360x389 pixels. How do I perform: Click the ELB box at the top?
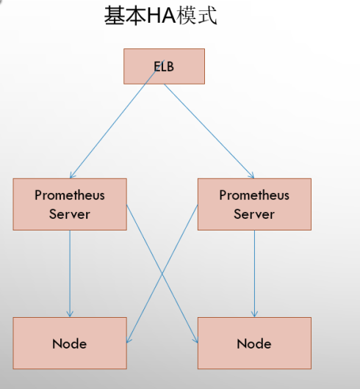pyautogui.click(x=162, y=66)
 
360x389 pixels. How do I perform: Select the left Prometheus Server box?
pyautogui.click(x=70, y=204)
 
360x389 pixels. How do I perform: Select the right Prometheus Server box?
pyautogui.click(x=254, y=204)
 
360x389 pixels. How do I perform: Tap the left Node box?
pyautogui.click(x=70, y=343)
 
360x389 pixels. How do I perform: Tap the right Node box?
pyautogui.click(x=254, y=343)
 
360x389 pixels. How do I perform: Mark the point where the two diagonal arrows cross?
pyautogui.click(x=162, y=275)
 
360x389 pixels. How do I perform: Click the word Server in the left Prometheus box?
pyautogui.click(x=70, y=214)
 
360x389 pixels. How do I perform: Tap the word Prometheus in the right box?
pyautogui.click(x=254, y=195)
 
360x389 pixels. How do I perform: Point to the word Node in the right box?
pyautogui.click(x=254, y=343)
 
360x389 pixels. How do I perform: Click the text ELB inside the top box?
pyautogui.click(x=162, y=67)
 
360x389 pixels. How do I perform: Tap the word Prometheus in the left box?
pyautogui.click(x=70, y=195)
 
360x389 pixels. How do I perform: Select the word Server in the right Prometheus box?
pyautogui.click(x=254, y=214)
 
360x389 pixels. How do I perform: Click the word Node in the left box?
pyautogui.click(x=70, y=343)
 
